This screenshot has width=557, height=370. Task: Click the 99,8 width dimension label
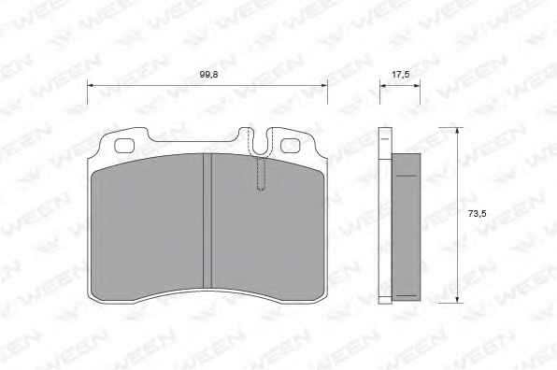(x=208, y=75)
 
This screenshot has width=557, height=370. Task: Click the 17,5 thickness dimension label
(x=400, y=75)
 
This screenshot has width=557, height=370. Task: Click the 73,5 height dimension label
(x=477, y=214)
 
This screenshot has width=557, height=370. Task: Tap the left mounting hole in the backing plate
(x=124, y=146)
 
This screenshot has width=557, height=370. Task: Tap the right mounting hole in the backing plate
(x=291, y=146)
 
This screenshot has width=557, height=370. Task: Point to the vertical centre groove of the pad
(x=207, y=221)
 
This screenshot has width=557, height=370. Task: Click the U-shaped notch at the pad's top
(x=261, y=142)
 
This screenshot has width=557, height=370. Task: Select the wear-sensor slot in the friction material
(x=261, y=175)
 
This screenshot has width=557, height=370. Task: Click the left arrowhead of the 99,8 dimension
(x=91, y=85)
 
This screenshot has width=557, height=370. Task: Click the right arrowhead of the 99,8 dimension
(x=324, y=85)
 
